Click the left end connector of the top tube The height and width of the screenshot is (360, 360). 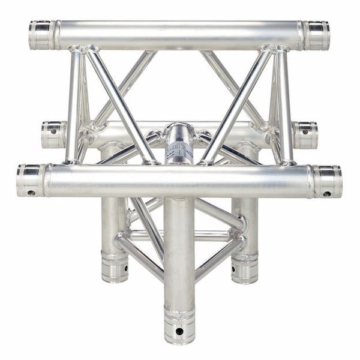click(41, 35)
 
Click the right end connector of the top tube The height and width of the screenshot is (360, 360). click(316, 35)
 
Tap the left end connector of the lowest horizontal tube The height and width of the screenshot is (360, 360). click(30, 180)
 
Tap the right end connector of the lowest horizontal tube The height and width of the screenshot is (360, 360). click(328, 181)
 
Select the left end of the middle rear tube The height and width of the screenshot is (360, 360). click(53, 134)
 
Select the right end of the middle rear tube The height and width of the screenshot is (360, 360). click(305, 135)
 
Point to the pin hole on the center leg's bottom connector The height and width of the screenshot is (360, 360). click(179, 331)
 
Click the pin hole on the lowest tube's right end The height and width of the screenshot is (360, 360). click(328, 194)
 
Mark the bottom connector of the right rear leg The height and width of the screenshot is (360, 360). click(244, 268)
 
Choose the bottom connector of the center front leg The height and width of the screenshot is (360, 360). click(179, 327)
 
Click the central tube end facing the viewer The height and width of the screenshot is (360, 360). click(178, 144)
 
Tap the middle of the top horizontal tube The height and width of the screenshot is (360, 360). click(179, 35)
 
